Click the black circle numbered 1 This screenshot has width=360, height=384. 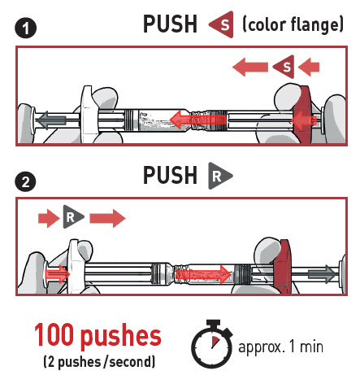click(25, 28)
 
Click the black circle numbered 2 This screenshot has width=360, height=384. click(25, 181)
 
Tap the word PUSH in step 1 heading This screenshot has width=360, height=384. click(170, 24)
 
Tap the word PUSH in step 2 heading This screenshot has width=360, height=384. click(170, 175)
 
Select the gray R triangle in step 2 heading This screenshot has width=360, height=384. click(219, 176)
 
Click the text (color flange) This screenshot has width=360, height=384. click(293, 24)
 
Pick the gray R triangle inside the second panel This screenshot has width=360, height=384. click(72, 216)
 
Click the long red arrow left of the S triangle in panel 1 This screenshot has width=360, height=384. click(250, 67)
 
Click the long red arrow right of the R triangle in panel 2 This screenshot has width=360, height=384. click(107, 218)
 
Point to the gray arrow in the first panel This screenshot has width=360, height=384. click(51, 120)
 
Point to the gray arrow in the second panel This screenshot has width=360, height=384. click(322, 274)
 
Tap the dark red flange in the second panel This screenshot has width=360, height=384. click(282, 267)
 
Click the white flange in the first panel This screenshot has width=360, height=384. click(89, 114)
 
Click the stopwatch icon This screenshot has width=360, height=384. click(212, 344)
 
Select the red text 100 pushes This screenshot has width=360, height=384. click(98, 335)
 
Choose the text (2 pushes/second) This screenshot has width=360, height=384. click(99, 362)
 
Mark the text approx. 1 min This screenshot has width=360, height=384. click(280, 347)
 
